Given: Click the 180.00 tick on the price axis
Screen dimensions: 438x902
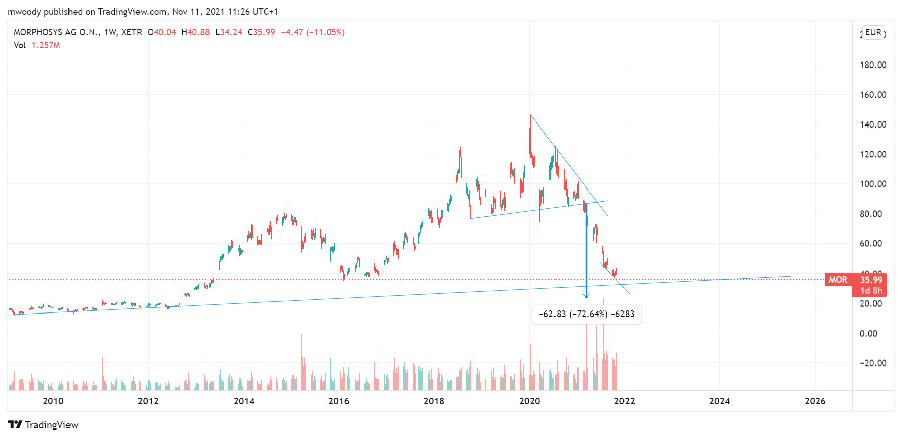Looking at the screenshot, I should click(873, 65).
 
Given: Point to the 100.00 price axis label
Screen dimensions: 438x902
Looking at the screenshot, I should click(873, 184).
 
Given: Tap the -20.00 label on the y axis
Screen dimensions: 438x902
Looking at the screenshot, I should click(873, 363).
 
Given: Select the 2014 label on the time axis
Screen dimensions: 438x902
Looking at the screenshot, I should click(244, 401).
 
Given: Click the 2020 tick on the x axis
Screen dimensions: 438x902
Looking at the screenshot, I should click(529, 401).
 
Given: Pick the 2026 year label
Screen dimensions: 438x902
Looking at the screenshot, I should click(815, 401).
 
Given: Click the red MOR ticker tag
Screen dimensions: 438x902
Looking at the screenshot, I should click(838, 280).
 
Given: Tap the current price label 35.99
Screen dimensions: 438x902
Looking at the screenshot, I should click(871, 280).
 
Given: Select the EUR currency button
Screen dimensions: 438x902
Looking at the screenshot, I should click(873, 32).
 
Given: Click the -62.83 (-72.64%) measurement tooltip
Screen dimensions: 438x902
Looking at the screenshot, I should click(586, 314).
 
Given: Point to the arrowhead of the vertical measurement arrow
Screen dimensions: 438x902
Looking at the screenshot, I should click(586, 296).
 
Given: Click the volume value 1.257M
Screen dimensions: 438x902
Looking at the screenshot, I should click(46, 45).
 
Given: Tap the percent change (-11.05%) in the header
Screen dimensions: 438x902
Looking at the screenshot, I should click(325, 32).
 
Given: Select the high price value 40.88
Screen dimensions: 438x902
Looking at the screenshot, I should click(198, 32).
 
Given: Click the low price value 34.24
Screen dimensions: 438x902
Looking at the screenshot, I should click(231, 32).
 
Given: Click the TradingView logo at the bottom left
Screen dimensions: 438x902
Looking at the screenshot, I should click(43, 425).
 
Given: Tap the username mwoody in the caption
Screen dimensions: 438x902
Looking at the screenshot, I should click(24, 12).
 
